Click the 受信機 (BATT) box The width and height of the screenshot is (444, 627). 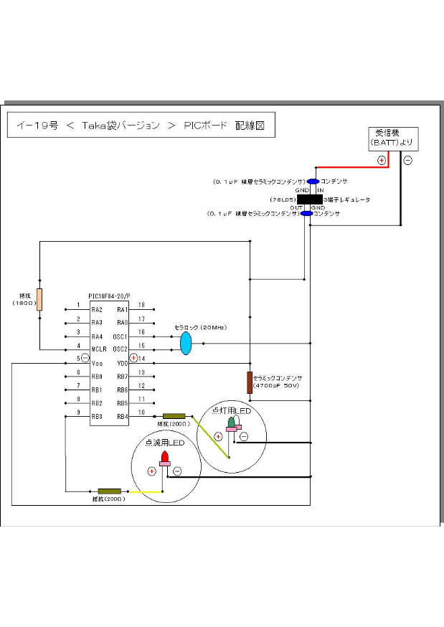[x=392, y=138]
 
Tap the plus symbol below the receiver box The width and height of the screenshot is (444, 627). [x=382, y=160]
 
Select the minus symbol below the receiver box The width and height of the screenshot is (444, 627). [x=407, y=160]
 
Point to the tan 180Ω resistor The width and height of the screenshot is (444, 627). [x=39, y=299]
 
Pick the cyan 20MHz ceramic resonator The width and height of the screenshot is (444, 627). [x=186, y=343]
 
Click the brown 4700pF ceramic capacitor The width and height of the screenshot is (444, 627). [x=249, y=382]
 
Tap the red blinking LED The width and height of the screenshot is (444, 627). [x=165, y=457]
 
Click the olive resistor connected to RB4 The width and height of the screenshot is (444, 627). [x=174, y=416]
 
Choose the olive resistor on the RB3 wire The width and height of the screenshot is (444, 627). [x=110, y=491]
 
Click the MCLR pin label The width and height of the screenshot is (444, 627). [x=98, y=349]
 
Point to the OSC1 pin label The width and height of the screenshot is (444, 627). [x=120, y=336]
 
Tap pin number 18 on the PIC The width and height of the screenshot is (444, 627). [x=141, y=305]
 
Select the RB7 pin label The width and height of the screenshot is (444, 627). [x=121, y=376]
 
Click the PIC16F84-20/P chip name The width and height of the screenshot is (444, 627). [x=110, y=296]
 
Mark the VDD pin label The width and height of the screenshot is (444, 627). [x=121, y=363]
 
